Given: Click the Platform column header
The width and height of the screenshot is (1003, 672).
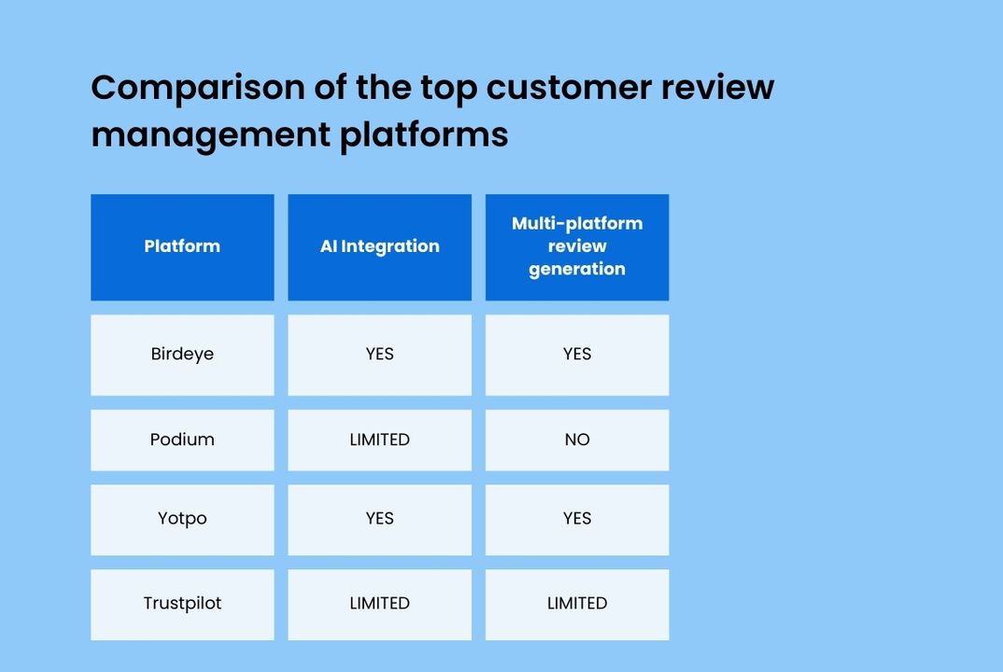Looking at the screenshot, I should point(182,246).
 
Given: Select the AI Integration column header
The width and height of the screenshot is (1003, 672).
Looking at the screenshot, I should point(379,246).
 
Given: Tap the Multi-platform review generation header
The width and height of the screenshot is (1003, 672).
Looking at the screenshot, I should point(577,246).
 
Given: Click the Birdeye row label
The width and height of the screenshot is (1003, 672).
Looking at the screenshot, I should point(182,355).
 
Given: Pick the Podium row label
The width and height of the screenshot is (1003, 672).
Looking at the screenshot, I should point(182,440).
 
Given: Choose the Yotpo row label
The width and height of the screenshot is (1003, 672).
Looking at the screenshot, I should point(182,519).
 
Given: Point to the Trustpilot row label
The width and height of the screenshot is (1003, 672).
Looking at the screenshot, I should point(182,604).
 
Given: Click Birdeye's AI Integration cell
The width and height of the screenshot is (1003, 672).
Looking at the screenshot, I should point(379,355).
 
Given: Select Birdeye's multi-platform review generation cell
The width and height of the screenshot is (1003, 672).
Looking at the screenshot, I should point(577,355).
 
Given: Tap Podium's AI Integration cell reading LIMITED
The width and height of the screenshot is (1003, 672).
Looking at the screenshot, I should point(379,440).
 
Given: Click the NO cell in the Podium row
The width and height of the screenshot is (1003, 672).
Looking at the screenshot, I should point(577,440).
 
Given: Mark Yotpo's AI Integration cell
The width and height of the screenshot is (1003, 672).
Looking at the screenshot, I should point(379,519).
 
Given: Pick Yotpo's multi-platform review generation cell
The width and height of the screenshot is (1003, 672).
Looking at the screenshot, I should point(577,519).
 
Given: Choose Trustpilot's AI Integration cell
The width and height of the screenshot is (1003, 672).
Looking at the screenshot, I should point(379,604).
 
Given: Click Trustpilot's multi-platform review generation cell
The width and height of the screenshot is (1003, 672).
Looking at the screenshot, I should point(577,604).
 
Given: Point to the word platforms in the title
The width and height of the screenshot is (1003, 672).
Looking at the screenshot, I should point(423,134).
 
